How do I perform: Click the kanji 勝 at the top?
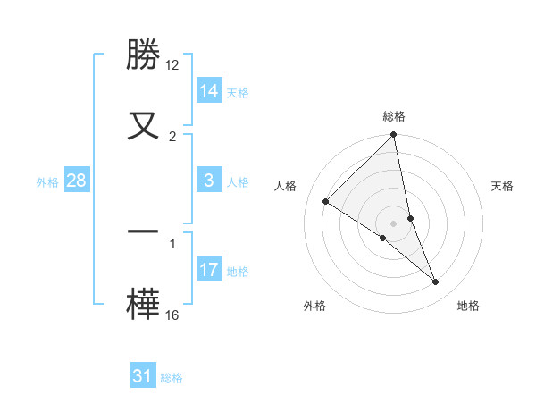[x=144, y=55]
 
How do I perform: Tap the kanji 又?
[x=144, y=124]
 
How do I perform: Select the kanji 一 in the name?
[x=144, y=231]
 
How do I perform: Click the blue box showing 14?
[x=209, y=91]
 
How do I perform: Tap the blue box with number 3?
[x=209, y=181]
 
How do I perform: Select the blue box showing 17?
[x=209, y=270]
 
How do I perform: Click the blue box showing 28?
[x=77, y=181]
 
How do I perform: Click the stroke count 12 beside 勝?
[x=172, y=65]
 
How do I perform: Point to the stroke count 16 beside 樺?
[x=172, y=315]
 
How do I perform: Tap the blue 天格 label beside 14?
[x=238, y=92]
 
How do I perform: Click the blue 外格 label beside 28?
[x=47, y=181]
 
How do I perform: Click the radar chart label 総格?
[x=394, y=116]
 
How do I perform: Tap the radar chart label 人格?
[x=286, y=186]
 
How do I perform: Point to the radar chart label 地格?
[x=468, y=306]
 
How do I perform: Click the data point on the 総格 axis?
[x=394, y=136]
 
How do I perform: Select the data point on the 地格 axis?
[x=436, y=281]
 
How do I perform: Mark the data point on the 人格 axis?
[x=326, y=201]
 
